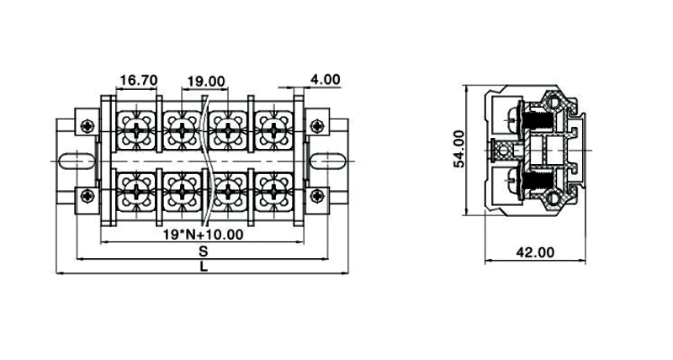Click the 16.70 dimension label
point(139,81)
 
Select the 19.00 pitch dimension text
point(206,82)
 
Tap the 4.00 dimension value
point(325,80)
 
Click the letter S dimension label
point(204,251)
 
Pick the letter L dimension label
point(204,267)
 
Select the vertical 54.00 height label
point(459,149)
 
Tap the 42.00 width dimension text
point(535,251)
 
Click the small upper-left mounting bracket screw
point(87,125)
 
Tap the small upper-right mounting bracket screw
point(316,125)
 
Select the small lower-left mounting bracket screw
point(87,196)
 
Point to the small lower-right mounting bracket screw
point(316,196)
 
